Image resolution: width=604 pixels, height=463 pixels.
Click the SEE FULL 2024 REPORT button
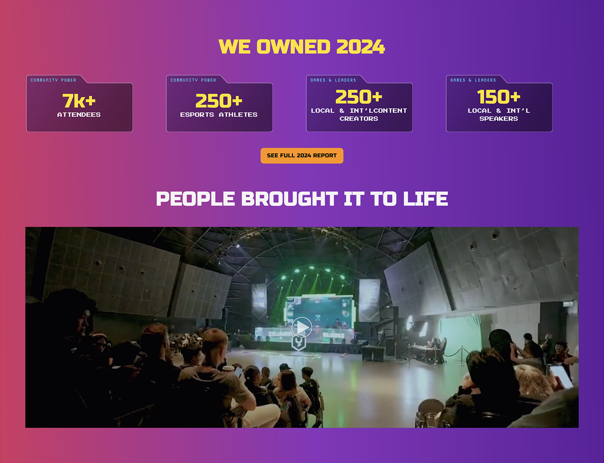point(302,156)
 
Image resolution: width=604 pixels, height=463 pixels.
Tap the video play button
point(302,328)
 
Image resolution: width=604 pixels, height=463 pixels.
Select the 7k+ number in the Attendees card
point(79,100)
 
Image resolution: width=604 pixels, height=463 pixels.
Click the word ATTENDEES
point(79,115)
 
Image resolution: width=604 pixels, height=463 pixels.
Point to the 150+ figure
point(499,96)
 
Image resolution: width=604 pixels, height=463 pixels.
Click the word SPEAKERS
point(499,119)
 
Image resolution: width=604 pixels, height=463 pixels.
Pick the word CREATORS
point(359,119)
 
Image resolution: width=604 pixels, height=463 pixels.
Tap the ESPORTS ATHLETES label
point(219,115)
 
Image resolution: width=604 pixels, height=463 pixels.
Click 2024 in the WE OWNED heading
point(360,46)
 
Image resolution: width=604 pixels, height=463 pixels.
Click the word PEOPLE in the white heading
point(195,199)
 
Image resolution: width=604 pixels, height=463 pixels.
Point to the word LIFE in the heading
point(425,199)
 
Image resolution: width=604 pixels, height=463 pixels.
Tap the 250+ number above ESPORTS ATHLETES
point(219,100)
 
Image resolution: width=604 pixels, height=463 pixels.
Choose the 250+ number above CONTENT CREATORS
point(359,96)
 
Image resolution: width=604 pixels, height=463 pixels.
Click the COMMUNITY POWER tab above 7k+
point(53,80)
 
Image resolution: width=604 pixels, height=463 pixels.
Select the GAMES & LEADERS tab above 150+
point(473,80)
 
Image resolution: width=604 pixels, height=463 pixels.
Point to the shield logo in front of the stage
point(299,343)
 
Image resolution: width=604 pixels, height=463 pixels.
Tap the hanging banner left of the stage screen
point(259,301)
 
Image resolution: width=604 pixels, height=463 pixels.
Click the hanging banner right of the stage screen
point(370,300)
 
